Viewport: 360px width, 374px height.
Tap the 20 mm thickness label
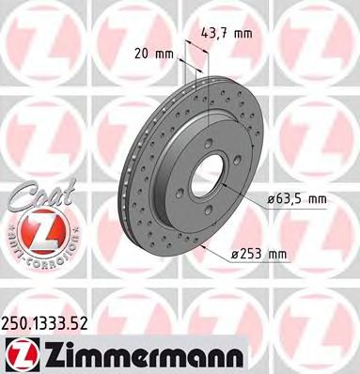click(x=157, y=54)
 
